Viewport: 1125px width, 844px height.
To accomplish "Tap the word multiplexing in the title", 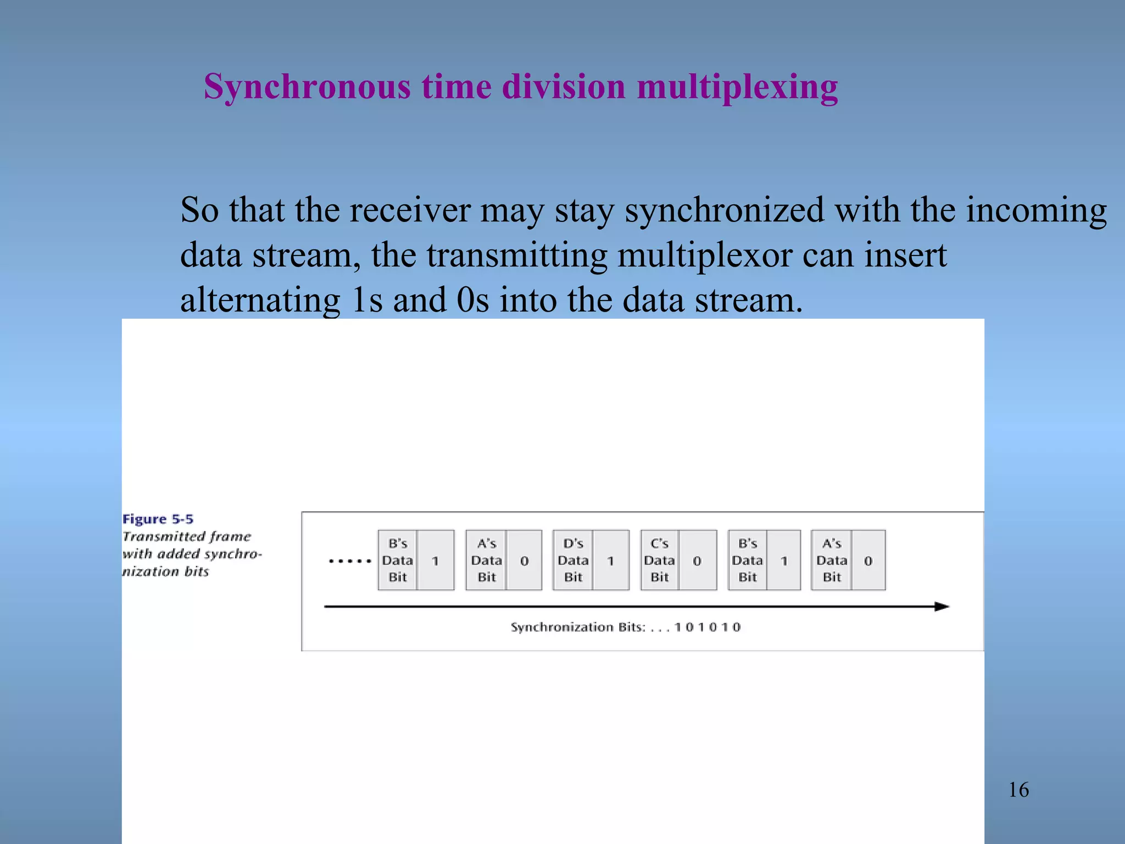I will click(x=737, y=87).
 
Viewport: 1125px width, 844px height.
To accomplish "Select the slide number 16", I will click(x=1018, y=790).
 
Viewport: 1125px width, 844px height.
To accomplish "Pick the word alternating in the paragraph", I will click(x=260, y=300).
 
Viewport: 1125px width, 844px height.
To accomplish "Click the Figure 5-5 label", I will click(x=158, y=519).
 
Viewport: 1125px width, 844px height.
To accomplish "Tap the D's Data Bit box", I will click(x=573, y=560).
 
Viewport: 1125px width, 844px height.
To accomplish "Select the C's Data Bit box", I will click(x=659, y=560).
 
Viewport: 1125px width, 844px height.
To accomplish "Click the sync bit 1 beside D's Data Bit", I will click(x=610, y=560).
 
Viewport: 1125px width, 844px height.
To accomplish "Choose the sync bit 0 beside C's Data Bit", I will click(x=697, y=560).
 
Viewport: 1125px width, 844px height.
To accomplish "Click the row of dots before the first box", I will click(x=350, y=561).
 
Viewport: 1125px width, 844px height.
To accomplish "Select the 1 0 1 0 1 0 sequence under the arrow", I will click(x=708, y=627).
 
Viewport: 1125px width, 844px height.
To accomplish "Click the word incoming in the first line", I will click(x=1036, y=210).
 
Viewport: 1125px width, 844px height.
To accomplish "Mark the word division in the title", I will click(x=564, y=87).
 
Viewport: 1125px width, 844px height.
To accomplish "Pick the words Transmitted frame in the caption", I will click(x=187, y=536).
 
